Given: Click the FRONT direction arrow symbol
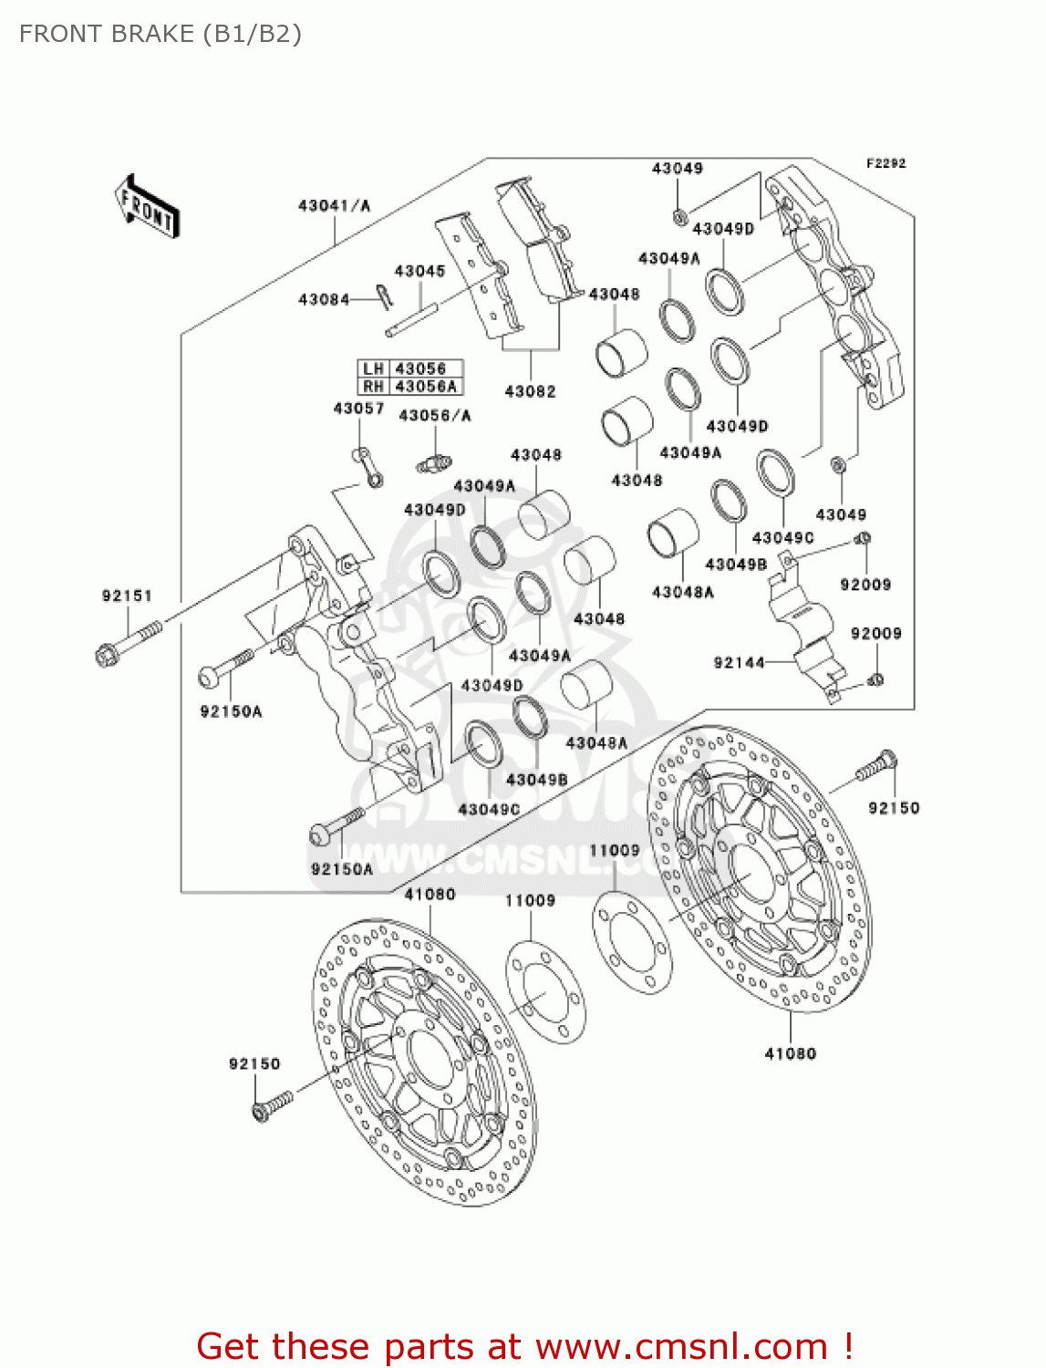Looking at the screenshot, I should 147,207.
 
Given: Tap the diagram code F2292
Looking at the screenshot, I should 885,163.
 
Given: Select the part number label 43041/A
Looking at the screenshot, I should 334,206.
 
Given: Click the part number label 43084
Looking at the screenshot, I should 323,299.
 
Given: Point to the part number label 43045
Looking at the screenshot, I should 419,271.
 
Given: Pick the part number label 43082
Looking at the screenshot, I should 530,391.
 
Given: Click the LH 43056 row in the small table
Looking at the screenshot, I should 410,368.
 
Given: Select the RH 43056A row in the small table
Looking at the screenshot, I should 410,386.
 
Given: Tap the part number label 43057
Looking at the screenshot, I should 358,409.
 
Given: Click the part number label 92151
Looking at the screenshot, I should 127,596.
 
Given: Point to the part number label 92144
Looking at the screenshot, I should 739,662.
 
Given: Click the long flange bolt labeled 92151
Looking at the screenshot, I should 128,640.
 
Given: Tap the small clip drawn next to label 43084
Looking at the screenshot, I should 384,296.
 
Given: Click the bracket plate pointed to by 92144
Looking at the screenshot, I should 803,629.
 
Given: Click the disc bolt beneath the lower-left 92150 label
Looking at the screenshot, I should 272,1105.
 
